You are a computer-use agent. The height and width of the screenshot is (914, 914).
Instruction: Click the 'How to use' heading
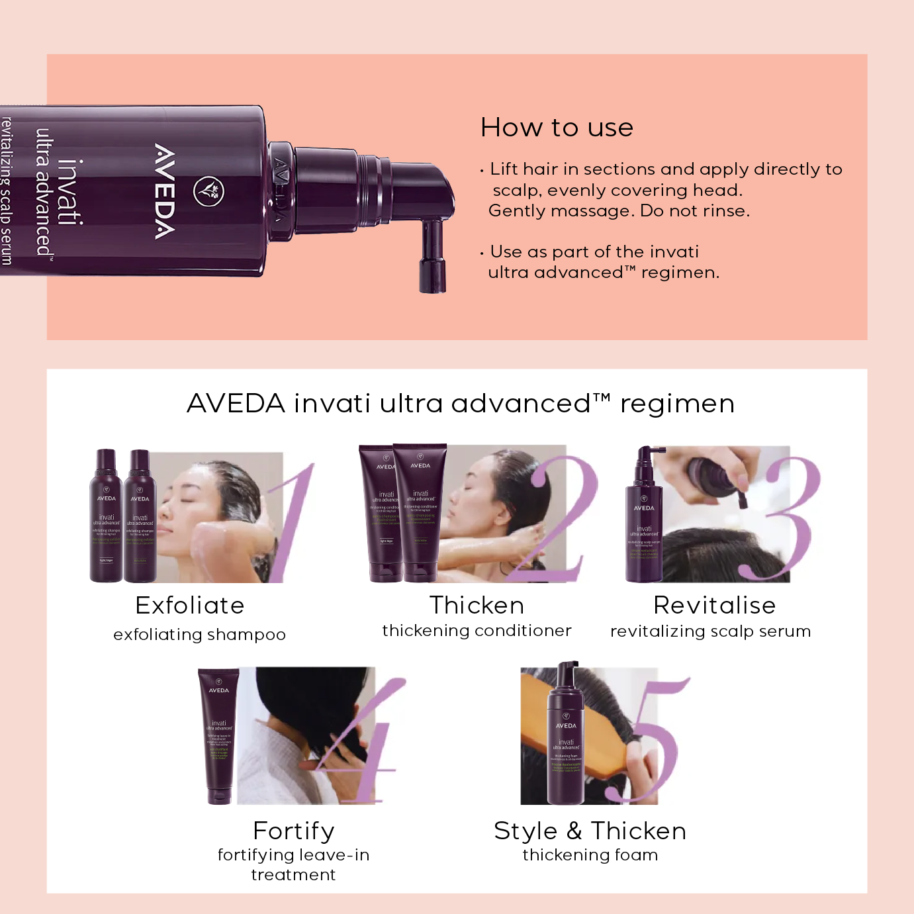557,128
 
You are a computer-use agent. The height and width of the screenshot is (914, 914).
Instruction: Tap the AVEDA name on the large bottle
165,191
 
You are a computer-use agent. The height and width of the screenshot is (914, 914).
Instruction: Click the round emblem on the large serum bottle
208,191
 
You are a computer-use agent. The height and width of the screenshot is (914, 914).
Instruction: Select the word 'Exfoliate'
190,606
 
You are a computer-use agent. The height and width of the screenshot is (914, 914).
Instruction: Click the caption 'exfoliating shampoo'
199,635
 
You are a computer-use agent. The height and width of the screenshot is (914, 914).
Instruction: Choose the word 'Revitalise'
714,606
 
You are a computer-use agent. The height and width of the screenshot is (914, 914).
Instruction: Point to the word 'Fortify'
294,831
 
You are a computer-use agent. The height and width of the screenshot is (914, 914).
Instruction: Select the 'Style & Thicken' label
590,831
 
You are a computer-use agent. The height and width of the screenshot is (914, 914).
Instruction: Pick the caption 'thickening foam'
590,855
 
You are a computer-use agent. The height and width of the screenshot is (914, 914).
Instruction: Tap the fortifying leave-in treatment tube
219,735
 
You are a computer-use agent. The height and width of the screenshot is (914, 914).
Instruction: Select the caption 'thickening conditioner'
477,631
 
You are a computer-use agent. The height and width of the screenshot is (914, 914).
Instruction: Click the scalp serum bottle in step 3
644,523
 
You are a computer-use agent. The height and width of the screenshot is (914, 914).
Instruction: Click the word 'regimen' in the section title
677,404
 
